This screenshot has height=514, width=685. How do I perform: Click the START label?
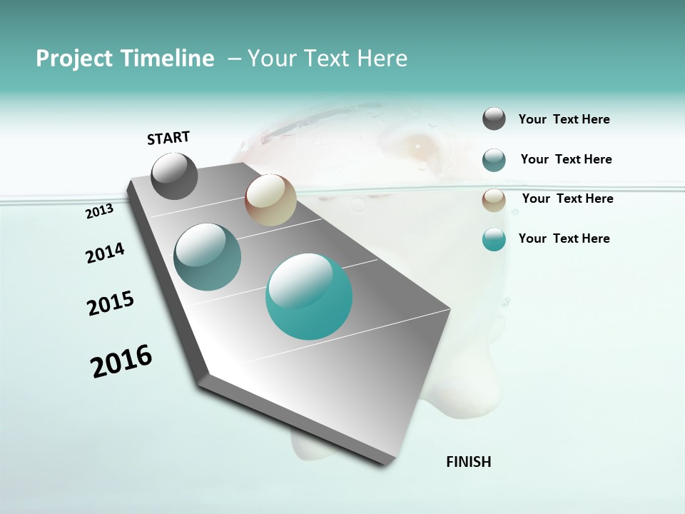(168, 138)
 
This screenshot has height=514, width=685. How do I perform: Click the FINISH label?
(468, 462)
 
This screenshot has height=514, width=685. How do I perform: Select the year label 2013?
(100, 211)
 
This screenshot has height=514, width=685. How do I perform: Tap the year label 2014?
(105, 253)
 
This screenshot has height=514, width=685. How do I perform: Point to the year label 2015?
(111, 303)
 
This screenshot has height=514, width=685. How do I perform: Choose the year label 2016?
(121, 361)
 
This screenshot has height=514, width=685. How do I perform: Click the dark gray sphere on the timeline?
(175, 176)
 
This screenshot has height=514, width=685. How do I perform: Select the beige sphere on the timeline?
(270, 200)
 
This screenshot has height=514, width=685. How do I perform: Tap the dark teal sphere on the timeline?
(207, 257)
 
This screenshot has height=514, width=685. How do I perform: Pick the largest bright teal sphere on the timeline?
(309, 296)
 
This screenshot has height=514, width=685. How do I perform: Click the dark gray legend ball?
(494, 119)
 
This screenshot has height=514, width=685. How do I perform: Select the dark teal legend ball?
(494, 160)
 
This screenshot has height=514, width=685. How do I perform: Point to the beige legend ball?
(494, 200)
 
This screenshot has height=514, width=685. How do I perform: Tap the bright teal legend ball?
(494, 239)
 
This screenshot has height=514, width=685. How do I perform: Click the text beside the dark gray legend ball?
(564, 119)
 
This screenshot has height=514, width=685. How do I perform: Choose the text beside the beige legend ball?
(567, 198)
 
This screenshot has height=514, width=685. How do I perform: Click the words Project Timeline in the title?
(125, 59)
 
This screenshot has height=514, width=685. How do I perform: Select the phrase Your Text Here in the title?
(327, 59)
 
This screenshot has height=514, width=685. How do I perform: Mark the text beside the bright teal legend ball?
(564, 238)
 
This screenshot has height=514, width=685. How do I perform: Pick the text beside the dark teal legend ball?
(566, 159)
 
